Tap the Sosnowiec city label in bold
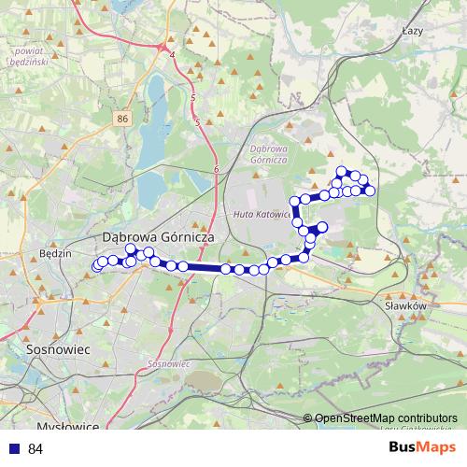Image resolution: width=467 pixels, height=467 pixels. pyautogui.click(x=56, y=347)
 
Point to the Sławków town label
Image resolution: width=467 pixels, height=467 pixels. pyautogui.click(x=405, y=304)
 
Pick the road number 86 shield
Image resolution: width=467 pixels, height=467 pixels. pyautogui.click(x=123, y=119)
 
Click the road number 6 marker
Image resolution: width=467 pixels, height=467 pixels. pyautogui.click(x=216, y=168)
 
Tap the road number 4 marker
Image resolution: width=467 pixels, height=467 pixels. pyautogui.click(x=173, y=55)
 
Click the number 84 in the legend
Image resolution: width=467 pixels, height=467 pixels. pyautogui.click(x=36, y=449)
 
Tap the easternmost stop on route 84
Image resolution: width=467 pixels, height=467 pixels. pyautogui.click(x=370, y=191)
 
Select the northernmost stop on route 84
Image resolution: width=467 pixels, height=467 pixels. pyautogui.click(x=342, y=171)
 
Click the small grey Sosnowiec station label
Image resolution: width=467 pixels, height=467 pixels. pyautogui.click(x=169, y=362)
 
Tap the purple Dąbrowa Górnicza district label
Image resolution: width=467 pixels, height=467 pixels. pyautogui.click(x=268, y=153)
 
